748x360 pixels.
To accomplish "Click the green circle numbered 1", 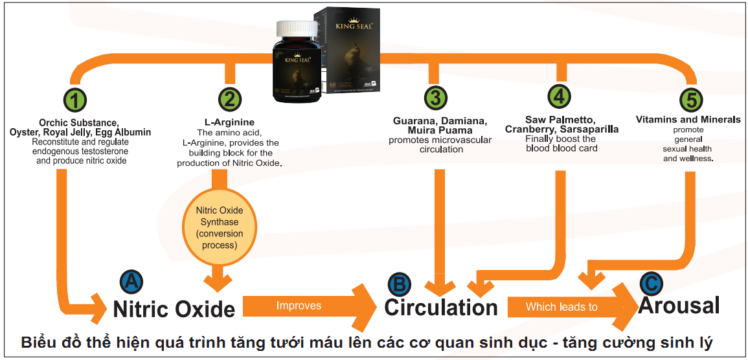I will coord(76,100).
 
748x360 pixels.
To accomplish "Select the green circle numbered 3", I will coord(435,98).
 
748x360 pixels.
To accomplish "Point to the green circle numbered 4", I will coord(559,96).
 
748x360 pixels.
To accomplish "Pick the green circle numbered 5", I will coord(691,100).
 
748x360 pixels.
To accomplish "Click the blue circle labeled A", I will coord(131,281).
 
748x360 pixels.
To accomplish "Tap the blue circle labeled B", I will coord(399,284).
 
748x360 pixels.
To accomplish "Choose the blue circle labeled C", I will coord(651,282).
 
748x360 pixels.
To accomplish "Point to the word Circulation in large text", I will coord(440,307).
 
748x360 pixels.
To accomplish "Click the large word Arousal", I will coord(679,305).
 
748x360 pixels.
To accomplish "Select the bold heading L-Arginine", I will coord(229,122).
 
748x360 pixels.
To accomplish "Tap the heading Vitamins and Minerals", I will coord(688,120).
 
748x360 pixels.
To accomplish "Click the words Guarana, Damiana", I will coord(439,120).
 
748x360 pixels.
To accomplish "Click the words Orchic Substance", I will coord(79,122).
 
